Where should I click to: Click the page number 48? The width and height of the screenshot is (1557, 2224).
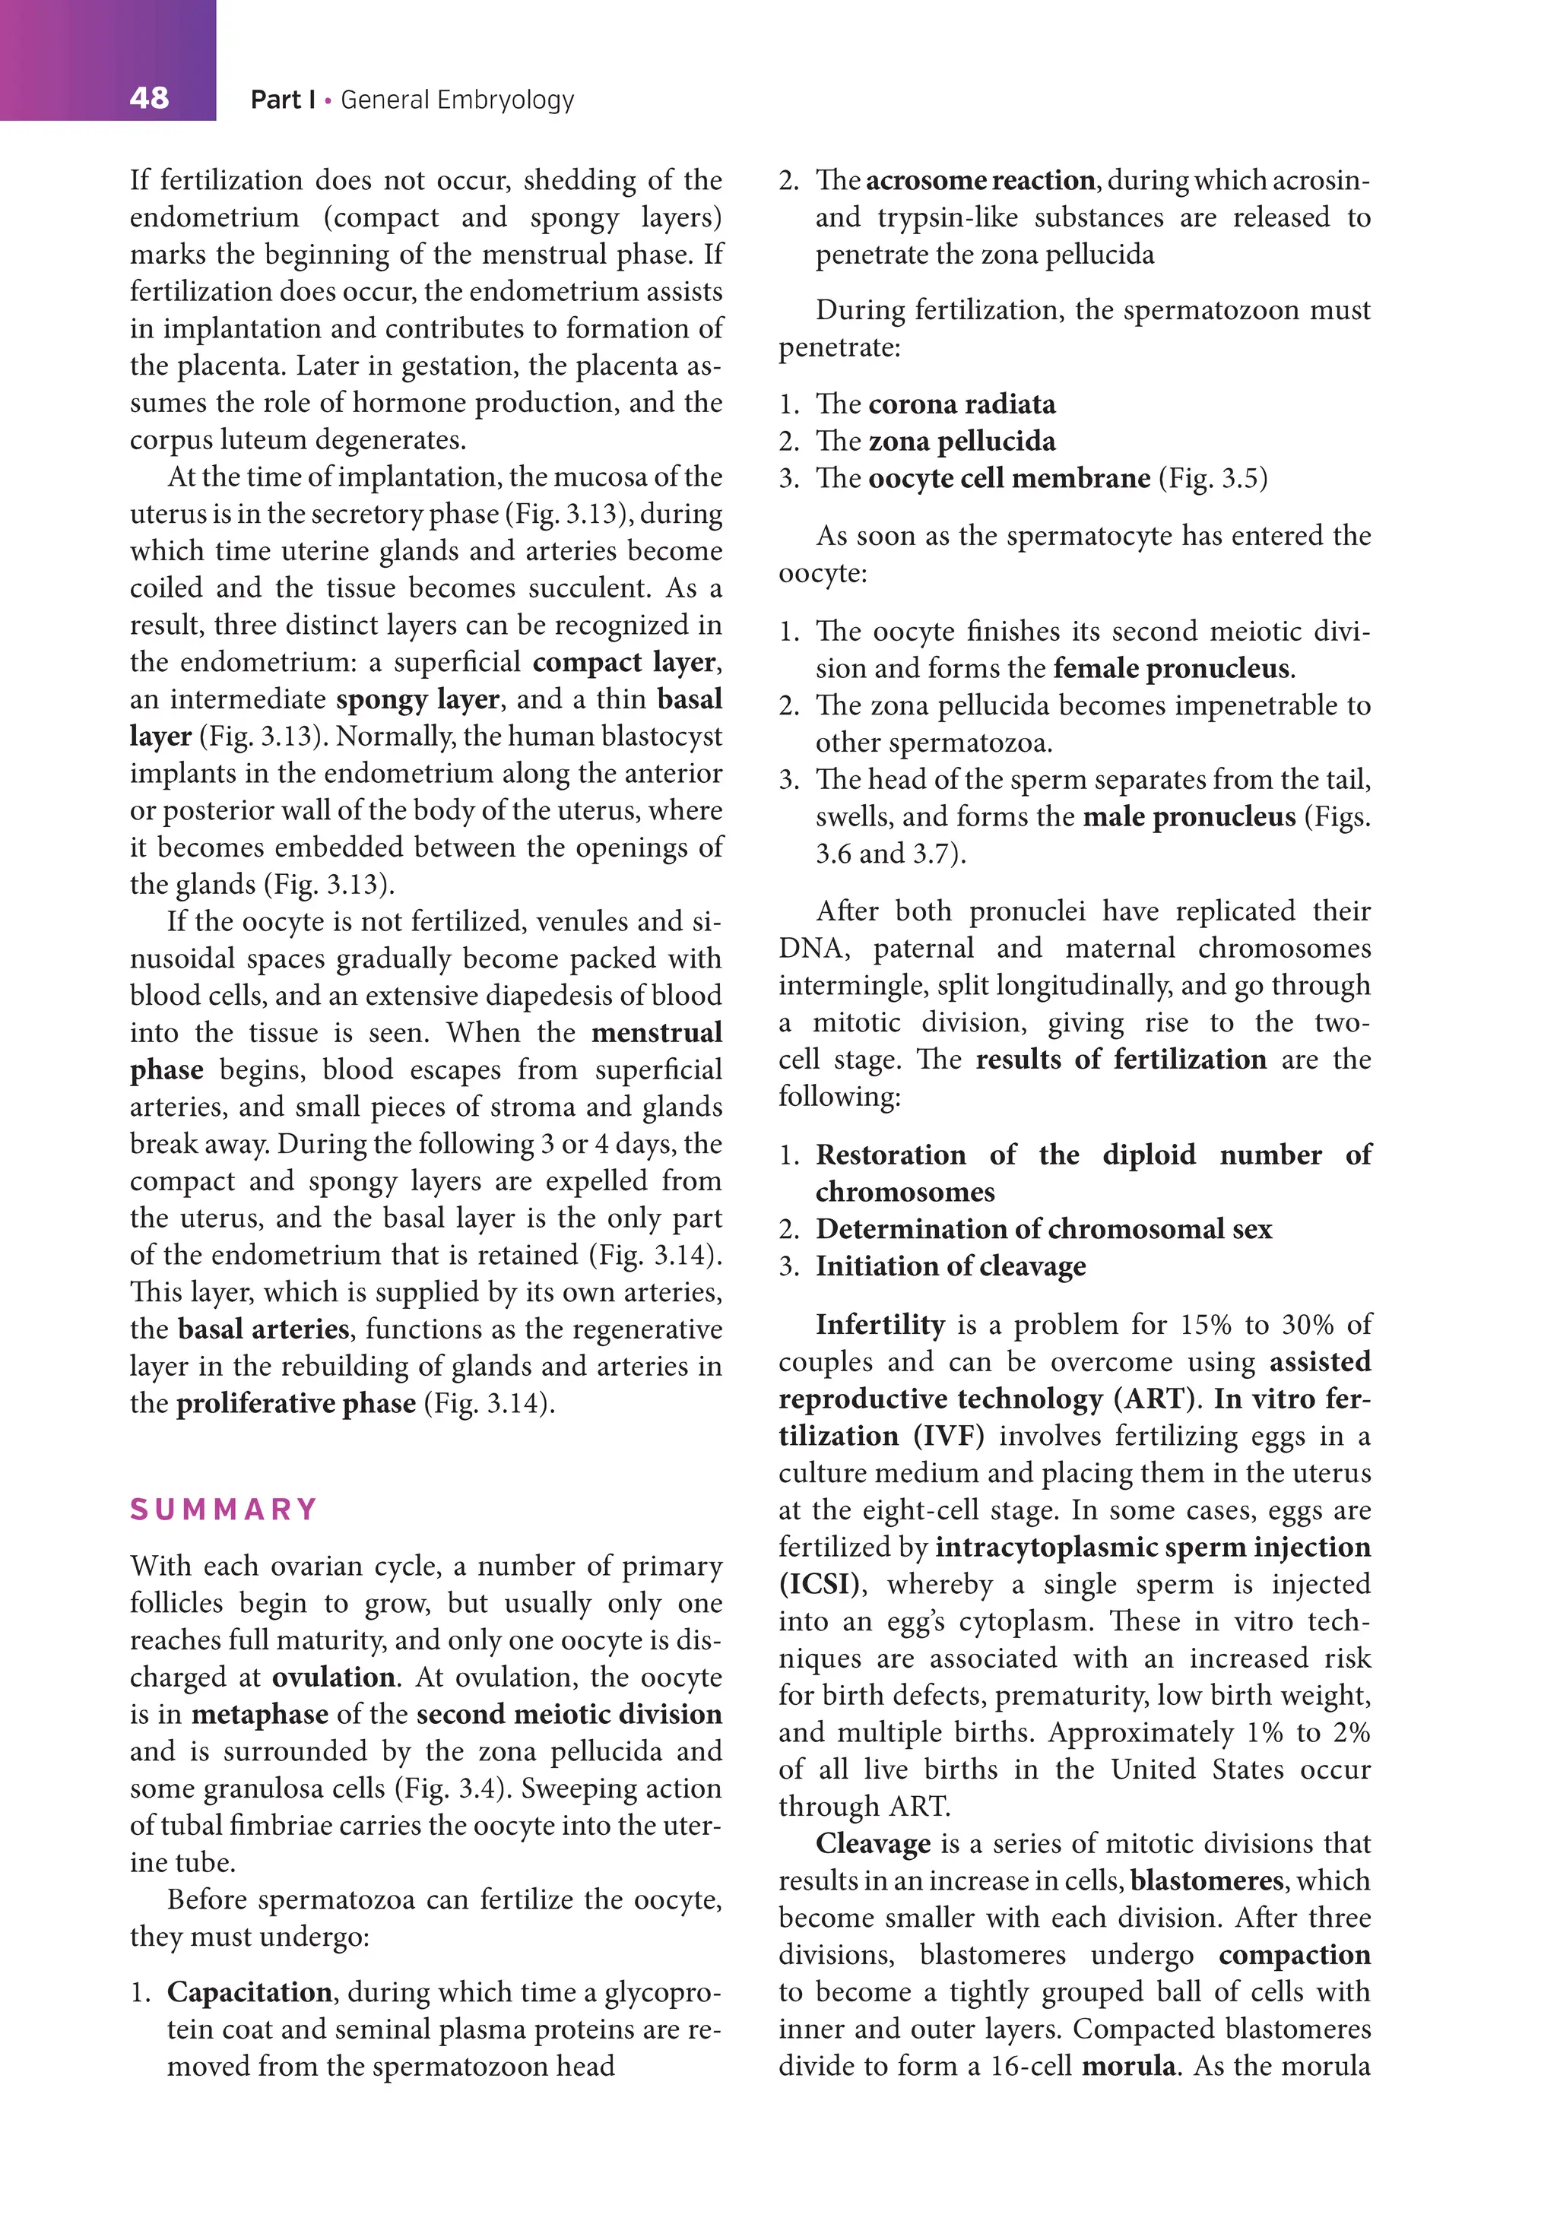148,98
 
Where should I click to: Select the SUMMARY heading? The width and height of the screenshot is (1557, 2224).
224,1510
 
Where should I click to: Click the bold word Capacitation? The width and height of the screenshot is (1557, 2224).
249,1992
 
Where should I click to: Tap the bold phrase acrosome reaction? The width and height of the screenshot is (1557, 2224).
979,180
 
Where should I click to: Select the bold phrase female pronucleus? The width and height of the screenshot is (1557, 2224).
1172,668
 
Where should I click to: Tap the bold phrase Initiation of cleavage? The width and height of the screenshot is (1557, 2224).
950,1266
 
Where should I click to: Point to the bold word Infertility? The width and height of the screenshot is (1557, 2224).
879,1324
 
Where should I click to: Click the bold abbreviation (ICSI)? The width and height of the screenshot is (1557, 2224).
819,1585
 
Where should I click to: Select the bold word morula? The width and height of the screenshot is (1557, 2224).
1127,2067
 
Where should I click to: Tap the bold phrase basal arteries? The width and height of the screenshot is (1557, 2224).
264,1329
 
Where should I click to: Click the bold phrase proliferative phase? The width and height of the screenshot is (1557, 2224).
296,1404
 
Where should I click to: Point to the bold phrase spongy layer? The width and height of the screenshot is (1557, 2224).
417,699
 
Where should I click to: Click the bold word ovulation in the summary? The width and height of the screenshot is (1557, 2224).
333,1677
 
